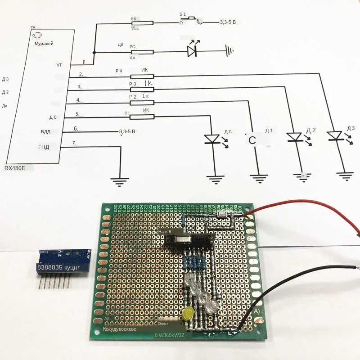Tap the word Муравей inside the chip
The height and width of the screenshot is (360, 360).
click(44, 44)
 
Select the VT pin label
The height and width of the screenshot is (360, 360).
click(59, 65)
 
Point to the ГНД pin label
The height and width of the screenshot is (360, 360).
click(44, 147)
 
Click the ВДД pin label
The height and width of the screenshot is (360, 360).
click(45, 132)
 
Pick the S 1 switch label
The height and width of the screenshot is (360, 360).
click(182, 14)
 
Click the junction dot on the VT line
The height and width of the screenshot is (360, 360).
click(94, 52)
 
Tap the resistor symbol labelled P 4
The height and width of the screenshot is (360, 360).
click(142, 76)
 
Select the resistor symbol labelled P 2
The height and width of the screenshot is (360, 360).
click(142, 103)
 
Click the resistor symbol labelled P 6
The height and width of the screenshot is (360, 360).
click(142, 23)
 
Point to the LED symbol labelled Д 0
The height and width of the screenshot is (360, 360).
click(212, 139)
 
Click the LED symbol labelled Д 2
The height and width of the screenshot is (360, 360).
click(294, 136)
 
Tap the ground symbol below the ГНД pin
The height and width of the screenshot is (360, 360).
click(121, 182)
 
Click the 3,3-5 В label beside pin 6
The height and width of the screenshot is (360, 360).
click(127, 132)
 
